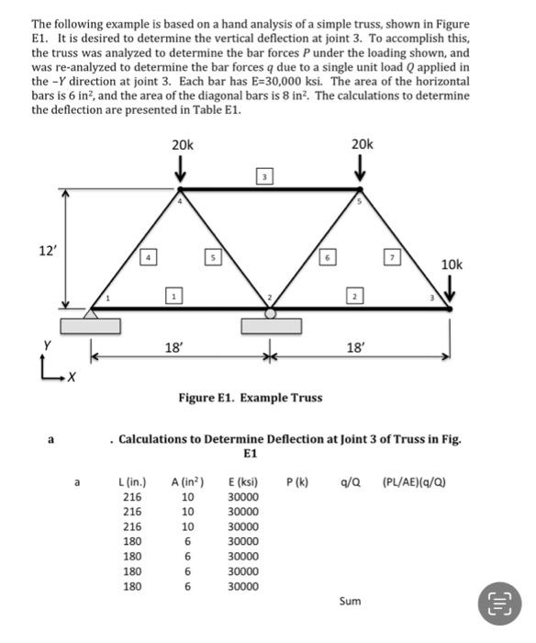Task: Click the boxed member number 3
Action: pos(262,176)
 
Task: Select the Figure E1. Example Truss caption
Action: pos(250,398)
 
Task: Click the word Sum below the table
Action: pos(350,601)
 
